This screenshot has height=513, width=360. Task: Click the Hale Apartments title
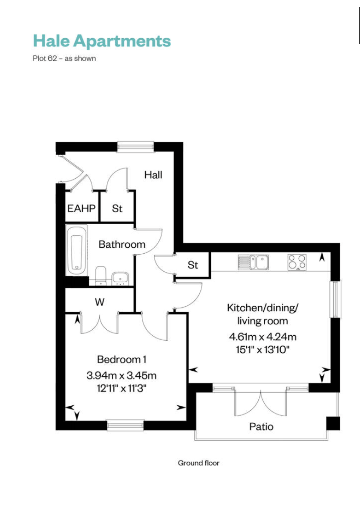tap(102, 41)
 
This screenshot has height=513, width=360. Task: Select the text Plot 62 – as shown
tap(64, 58)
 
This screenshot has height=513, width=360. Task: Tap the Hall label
tap(153, 175)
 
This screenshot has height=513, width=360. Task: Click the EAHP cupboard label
tap(81, 209)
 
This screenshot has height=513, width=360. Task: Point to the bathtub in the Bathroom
tap(77, 250)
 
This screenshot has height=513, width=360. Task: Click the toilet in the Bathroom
tap(100, 275)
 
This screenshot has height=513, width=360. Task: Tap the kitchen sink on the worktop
tap(253, 262)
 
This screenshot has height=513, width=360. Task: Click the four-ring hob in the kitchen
tap(297, 262)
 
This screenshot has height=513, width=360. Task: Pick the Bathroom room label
tap(122, 245)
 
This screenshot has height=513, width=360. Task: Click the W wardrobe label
tap(100, 302)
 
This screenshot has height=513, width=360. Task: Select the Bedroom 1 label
tap(122, 360)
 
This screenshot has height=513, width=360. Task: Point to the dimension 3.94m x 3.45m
tap(122, 375)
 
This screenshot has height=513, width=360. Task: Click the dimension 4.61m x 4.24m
tap(262, 337)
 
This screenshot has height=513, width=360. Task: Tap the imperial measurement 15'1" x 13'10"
tap(262, 350)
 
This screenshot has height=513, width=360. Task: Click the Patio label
tap(261, 426)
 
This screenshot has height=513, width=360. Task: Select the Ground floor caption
tap(198, 463)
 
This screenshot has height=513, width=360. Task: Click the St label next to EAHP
tap(117, 209)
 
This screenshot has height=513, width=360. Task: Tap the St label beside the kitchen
tap(192, 265)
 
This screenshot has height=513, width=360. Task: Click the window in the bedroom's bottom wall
tap(125, 425)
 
